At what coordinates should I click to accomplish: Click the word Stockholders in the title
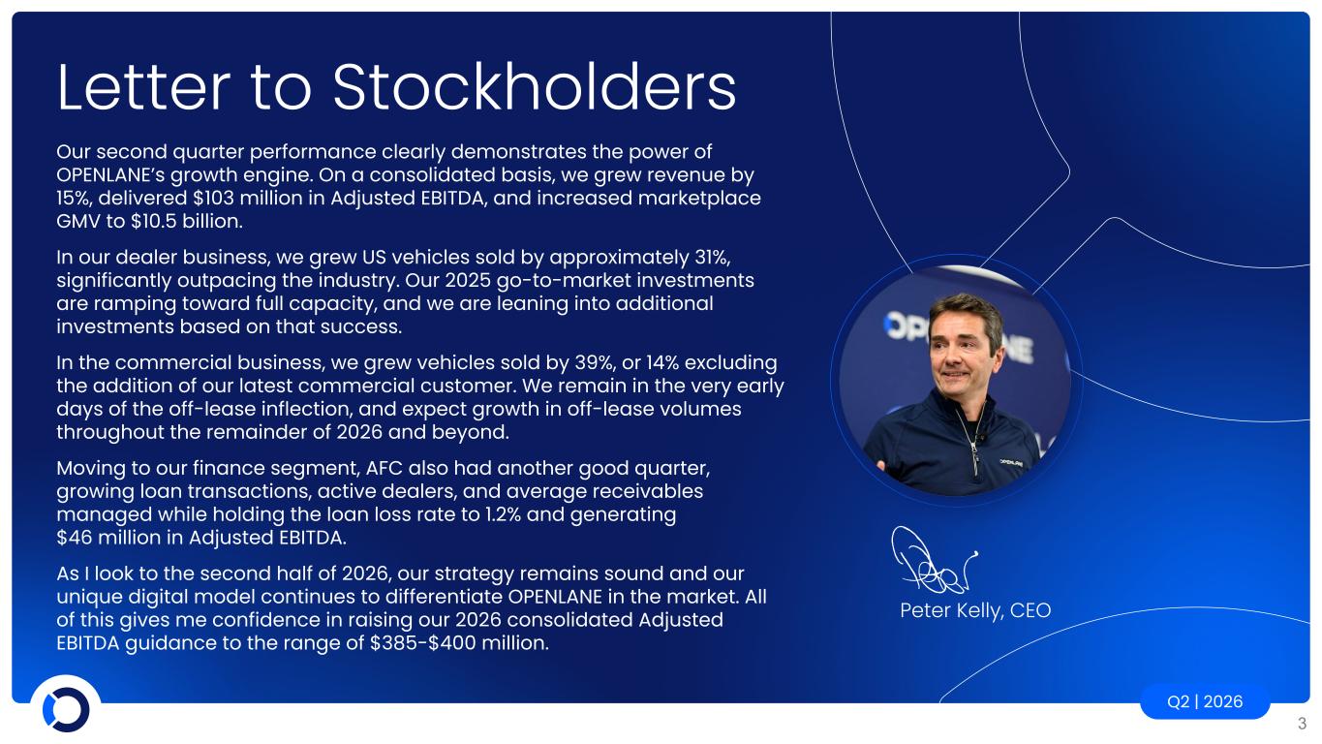[534, 87]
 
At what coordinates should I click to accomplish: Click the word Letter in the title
[143, 87]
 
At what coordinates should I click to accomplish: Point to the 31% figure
[713, 258]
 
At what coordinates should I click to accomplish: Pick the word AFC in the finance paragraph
[384, 468]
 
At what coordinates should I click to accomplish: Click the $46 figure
[74, 538]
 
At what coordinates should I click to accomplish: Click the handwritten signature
[933, 560]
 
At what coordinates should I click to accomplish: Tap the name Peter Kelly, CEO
[975, 610]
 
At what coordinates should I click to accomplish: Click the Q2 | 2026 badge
[1205, 701]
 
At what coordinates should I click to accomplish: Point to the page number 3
[1302, 724]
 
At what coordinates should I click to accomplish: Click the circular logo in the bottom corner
[66, 709]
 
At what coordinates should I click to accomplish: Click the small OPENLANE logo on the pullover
[1010, 462]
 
